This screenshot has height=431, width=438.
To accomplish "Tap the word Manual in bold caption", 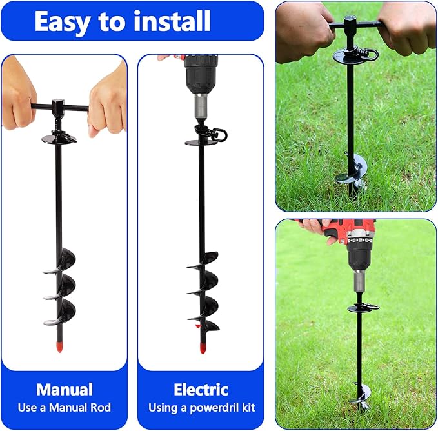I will click(x=64, y=389).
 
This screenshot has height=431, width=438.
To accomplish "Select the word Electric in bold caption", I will click(x=201, y=389).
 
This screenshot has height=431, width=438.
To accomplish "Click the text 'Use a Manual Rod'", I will click(x=64, y=407).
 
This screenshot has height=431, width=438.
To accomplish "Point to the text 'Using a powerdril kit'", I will click(x=201, y=407).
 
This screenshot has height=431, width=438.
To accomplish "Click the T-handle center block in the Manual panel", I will click(x=58, y=106).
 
